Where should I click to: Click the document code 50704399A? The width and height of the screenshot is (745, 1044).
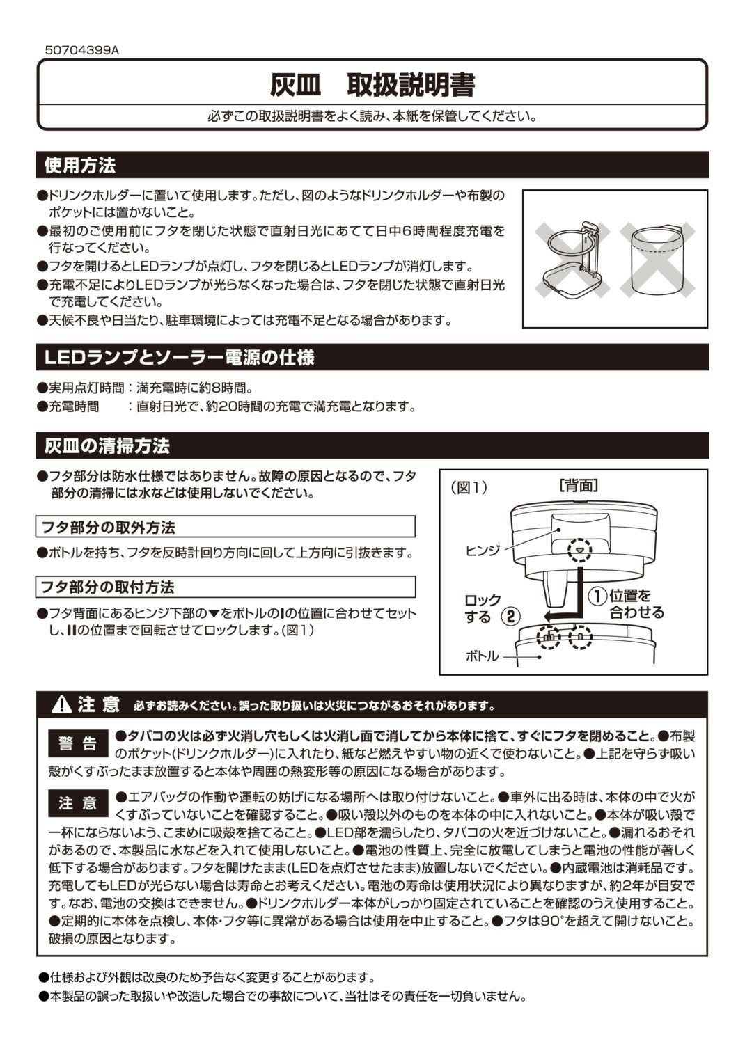pyautogui.click(x=81, y=50)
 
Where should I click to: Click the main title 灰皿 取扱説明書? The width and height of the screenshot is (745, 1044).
pyautogui.click(x=372, y=85)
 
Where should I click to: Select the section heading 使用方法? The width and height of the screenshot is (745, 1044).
pyautogui.click(x=80, y=166)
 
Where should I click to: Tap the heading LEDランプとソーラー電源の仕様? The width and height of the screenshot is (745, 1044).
pyautogui.click(x=180, y=358)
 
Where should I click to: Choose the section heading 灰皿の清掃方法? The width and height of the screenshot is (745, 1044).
pyautogui.click(x=107, y=446)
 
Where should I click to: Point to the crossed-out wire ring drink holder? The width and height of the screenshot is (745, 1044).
pyautogui.click(x=572, y=260)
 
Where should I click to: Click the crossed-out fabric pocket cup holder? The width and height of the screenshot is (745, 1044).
pyautogui.click(x=657, y=260)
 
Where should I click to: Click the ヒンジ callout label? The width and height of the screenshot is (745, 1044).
pyautogui.click(x=483, y=551)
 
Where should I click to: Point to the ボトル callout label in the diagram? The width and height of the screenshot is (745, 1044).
pyautogui.click(x=482, y=656)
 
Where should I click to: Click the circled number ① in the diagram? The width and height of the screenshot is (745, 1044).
pyautogui.click(x=597, y=596)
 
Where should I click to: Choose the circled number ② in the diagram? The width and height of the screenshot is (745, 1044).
pyautogui.click(x=512, y=616)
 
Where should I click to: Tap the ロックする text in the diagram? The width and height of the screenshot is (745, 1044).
pyautogui.click(x=482, y=608)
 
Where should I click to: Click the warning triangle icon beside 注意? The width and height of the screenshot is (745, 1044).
pyautogui.click(x=62, y=704)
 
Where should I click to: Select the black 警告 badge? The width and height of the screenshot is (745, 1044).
pyautogui.click(x=78, y=743)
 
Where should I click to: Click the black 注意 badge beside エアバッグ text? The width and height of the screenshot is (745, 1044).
pyautogui.click(x=78, y=803)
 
